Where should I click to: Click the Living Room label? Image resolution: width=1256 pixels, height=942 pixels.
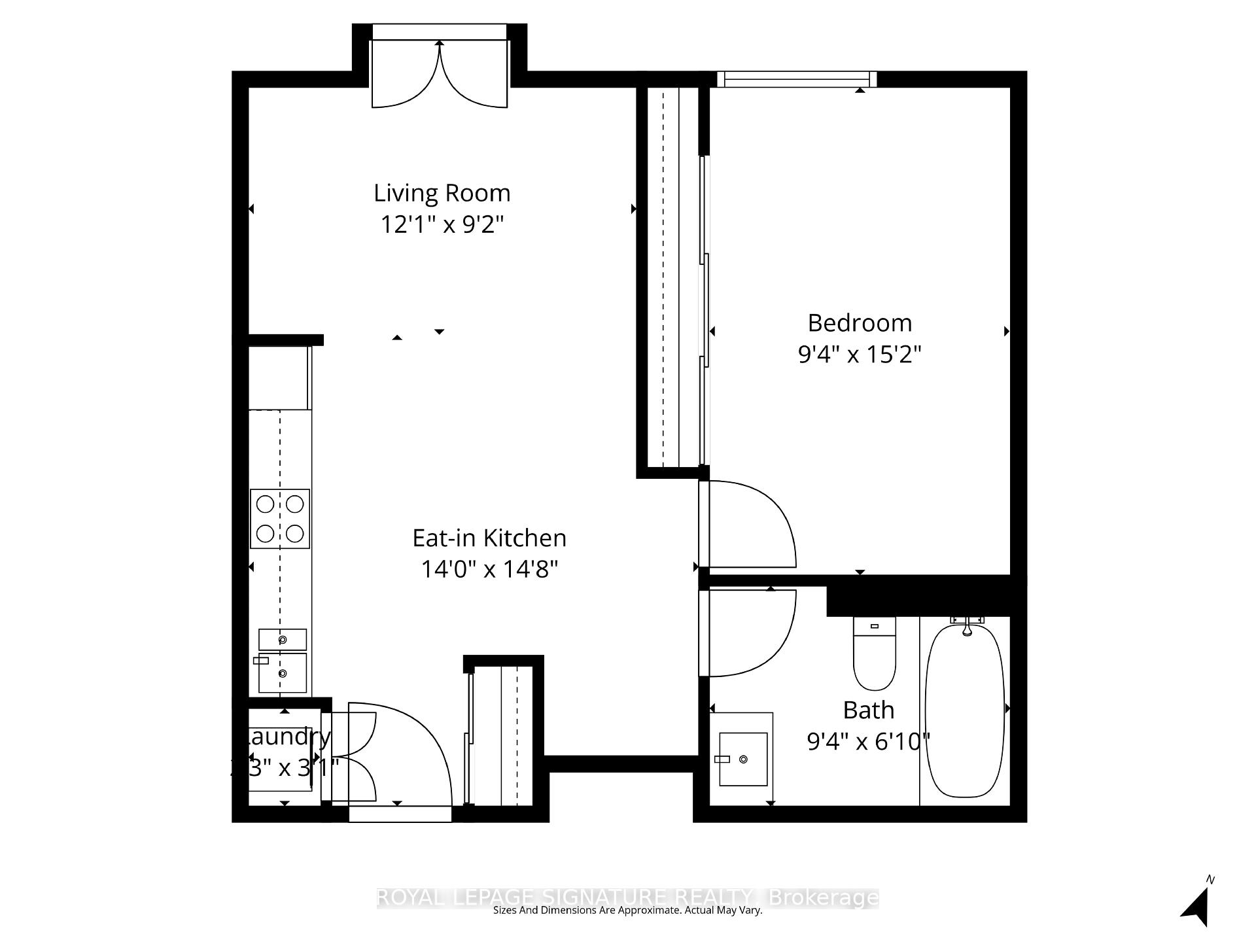click(x=442, y=193)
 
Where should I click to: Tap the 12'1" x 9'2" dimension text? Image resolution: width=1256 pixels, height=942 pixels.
click(x=442, y=225)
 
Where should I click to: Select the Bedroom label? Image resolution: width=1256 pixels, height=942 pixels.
click(x=860, y=323)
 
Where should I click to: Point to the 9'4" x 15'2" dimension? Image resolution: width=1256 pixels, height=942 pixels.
click(x=860, y=355)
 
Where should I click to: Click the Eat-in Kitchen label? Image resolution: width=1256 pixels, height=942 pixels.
click(x=489, y=538)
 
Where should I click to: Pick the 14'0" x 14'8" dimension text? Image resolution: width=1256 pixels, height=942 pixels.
click(x=489, y=569)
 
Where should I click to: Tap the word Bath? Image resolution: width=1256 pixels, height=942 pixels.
click(x=868, y=710)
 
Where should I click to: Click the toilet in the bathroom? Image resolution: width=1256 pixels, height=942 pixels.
click(x=875, y=654)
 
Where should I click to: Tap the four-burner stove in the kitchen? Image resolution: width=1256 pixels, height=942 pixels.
click(x=280, y=519)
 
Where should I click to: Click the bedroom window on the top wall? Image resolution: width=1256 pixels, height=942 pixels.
click(x=797, y=79)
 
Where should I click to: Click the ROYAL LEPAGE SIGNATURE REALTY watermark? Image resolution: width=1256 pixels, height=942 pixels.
click(x=628, y=897)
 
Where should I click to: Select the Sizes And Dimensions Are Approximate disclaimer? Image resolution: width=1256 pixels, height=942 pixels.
click(x=628, y=911)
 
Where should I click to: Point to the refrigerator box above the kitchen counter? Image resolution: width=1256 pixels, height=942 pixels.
click(x=279, y=378)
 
